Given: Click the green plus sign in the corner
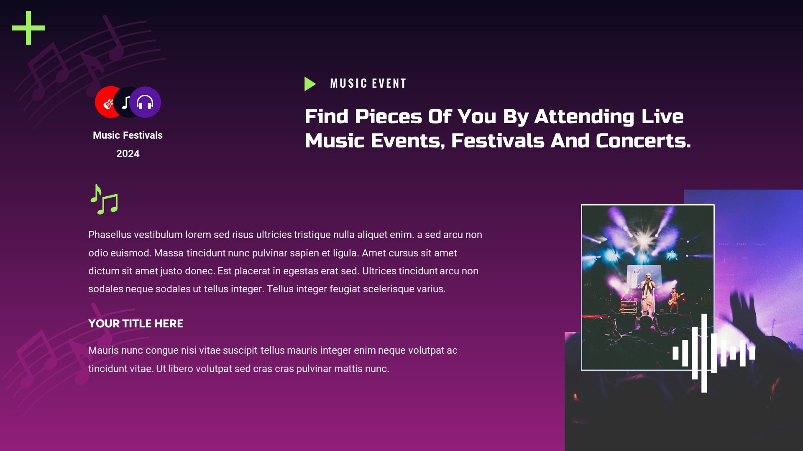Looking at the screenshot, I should (28, 28).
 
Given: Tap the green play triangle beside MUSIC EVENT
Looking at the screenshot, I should (309, 84).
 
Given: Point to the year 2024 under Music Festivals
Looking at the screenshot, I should (128, 154).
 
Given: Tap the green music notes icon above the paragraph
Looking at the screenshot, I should (105, 200).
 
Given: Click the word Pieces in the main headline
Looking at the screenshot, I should (388, 117).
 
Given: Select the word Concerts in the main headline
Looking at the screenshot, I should (643, 141).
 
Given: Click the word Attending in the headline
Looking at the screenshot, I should (584, 117).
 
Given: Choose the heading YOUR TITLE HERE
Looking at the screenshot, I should (136, 324).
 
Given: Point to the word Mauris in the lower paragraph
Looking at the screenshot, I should (103, 350).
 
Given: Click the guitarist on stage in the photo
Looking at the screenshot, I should (674, 300).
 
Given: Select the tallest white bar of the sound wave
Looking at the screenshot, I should (704, 353).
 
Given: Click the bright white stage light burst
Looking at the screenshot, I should (644, 240).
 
